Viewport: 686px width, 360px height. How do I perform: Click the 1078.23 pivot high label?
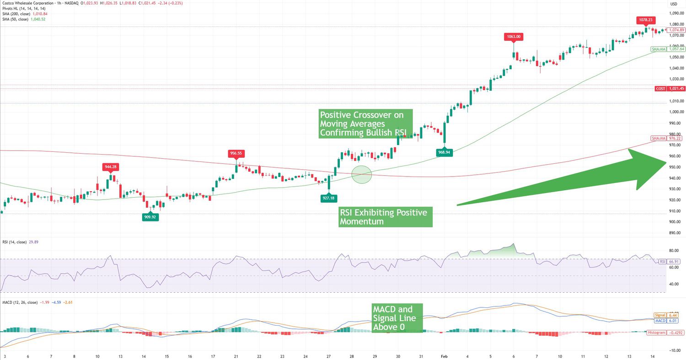646,20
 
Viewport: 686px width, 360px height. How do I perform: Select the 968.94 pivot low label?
444,152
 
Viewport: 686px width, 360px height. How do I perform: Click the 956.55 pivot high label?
236,154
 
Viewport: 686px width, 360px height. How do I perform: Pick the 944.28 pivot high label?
111,167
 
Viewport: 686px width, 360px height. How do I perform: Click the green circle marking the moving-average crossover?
362,174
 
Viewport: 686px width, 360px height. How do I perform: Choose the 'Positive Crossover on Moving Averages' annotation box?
366,124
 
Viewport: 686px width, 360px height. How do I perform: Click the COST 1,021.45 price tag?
670,88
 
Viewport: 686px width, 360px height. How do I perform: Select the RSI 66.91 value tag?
669,261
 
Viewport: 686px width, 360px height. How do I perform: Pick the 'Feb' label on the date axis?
444,356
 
